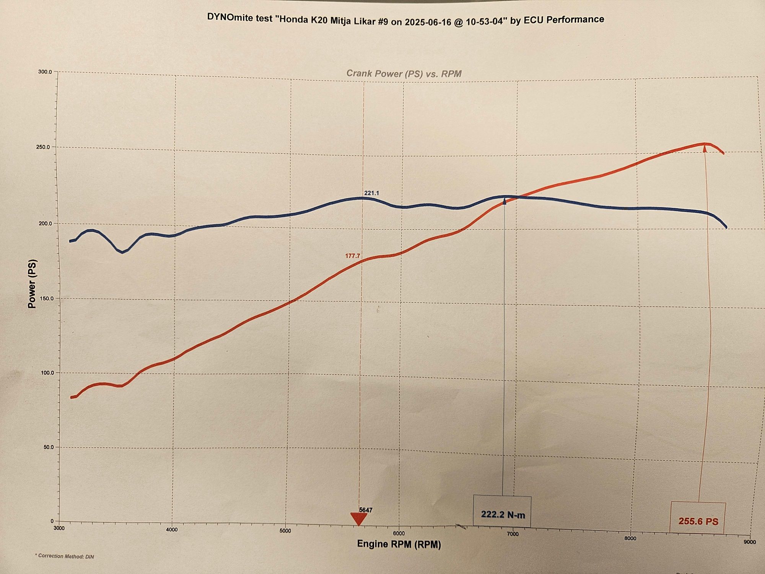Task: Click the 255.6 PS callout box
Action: tap(698, 518)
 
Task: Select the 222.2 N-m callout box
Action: tap(503, 512)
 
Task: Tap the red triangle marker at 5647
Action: tap(359, 519)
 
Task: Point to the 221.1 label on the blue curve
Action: tap(371, 193)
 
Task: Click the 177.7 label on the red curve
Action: tap(353, 256)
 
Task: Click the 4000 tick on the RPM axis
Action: tap(172, 530)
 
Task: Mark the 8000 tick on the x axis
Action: tap(630, 538)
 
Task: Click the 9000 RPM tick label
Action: tap(749, 542)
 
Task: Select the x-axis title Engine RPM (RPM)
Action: tap(399, 544)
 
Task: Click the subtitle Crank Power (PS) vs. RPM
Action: tap(404, 73)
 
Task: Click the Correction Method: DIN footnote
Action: tap(64, 556)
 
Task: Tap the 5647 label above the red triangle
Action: tap(366, 510)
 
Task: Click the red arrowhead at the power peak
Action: tap(705, 149)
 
